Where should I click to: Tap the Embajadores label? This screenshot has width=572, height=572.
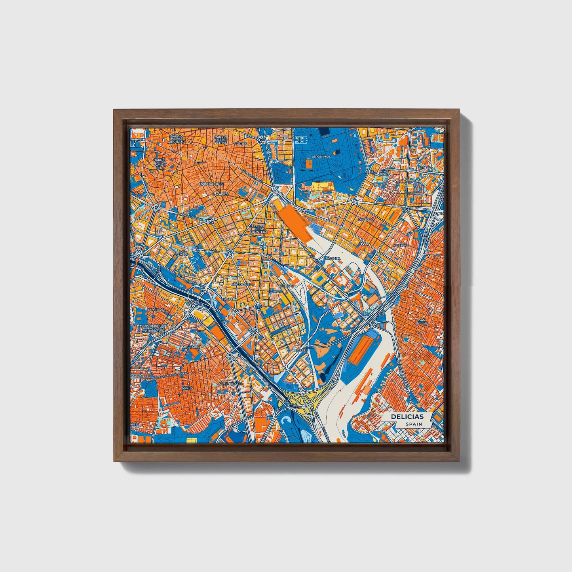click(211, 184)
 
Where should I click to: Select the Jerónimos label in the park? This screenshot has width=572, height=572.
click(321, 157)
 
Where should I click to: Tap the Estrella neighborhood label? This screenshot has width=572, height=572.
click(425, 167)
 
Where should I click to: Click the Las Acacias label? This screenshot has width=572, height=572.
click(182, 253)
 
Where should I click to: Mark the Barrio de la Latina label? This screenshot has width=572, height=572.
click(160, 163)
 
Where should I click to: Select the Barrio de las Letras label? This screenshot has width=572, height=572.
click(220, 139)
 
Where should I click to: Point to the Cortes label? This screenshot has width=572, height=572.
click(240, 144)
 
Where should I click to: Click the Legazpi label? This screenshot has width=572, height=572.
click(300, 350)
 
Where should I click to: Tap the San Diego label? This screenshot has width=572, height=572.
click(422, 321)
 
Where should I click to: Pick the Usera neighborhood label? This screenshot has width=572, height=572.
click(188, 388)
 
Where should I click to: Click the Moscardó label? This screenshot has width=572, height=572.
click(191, 347)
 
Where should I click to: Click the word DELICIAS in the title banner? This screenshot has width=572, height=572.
click(407, 416)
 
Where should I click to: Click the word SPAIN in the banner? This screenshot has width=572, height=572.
click(413, 424)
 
